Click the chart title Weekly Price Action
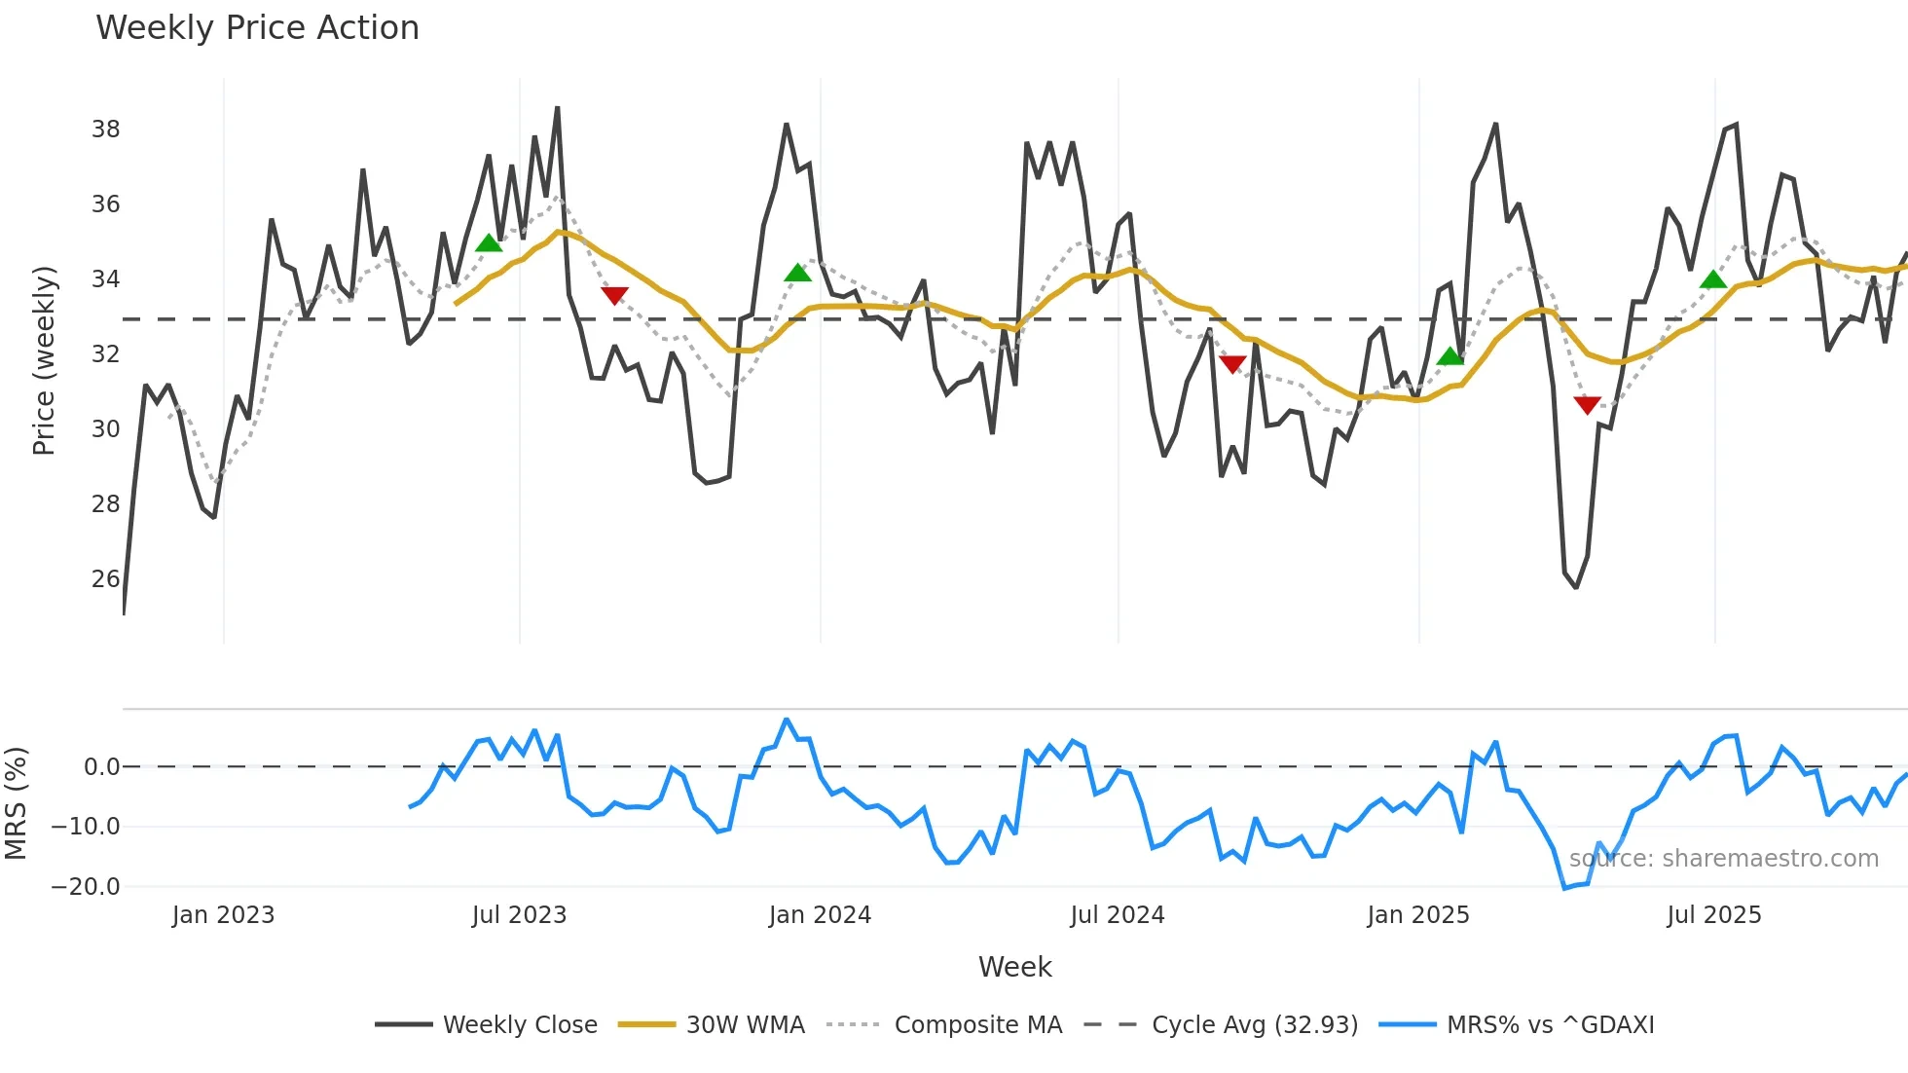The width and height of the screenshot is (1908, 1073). [x=257, y=27]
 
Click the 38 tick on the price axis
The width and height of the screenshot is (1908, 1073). [x=105, y=129]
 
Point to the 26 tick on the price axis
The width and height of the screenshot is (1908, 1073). [x=105, y=578]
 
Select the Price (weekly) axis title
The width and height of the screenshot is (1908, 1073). [x=44, y=360]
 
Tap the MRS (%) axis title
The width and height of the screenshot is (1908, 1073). [x=16, y=803]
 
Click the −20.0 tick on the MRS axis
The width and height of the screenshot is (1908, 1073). [x=86, y=886]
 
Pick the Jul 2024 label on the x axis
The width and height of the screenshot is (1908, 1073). [x=1117, y=914]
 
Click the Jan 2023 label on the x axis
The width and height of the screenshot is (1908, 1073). [x=223, y=914]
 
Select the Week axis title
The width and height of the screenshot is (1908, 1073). [x=1014, y=967]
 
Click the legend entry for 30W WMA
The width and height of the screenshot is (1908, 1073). [x=745, y=1024]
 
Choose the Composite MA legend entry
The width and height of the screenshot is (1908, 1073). [x=977, y=1024]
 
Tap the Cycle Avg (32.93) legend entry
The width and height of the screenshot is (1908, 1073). [x=1254, y=1024]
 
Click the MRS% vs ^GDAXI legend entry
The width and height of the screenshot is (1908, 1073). [x=1550, y=1024]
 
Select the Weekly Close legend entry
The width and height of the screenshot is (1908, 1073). [x=520, y=1024]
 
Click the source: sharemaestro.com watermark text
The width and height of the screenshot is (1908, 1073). [x=1723, y=858]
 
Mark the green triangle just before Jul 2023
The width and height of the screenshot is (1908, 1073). [x=489, y=243]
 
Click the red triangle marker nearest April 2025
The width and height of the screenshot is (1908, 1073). [x=1587, y=404]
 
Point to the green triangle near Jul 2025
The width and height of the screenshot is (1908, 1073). [x=1713, y=280]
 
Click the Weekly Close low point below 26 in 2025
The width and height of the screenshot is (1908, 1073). [x=1576, y=587]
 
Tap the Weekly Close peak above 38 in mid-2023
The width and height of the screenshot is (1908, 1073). [x=557, y=108]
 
